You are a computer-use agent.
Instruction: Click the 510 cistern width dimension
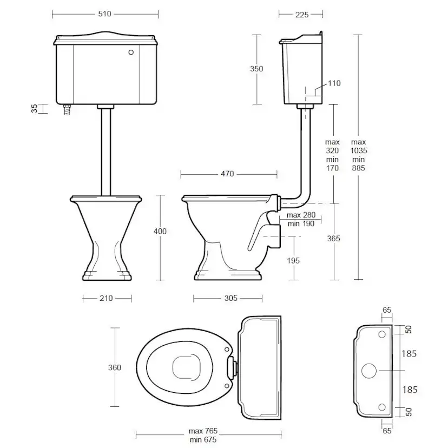coord(104,14)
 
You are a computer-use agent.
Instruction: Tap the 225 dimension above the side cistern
coord(302,15)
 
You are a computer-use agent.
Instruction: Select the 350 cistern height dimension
coord(256,69)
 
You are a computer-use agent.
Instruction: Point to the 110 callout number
coord(334,83)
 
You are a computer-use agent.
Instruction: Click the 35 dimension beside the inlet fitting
coord(34,109)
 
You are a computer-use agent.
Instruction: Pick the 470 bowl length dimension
coord(227,174)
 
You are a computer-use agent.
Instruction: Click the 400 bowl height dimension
coord(160,231)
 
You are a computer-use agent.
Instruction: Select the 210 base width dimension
coord(106,298)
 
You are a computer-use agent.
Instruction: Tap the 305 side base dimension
coord(231,298)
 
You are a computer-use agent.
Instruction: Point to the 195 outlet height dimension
coord(293,261)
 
